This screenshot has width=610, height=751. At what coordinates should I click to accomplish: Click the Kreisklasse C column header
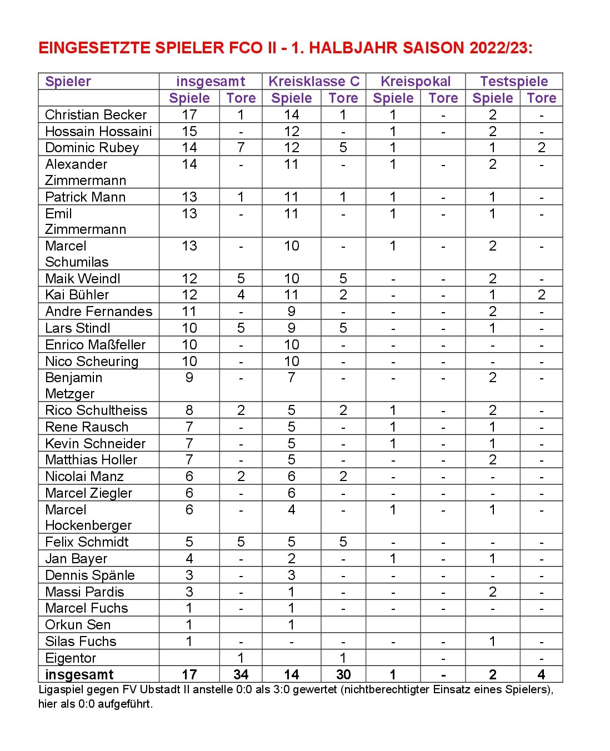click(314, 82)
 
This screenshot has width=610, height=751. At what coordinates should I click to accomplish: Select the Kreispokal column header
click(416, 82)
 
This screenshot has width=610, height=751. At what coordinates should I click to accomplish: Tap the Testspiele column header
click(514, 82)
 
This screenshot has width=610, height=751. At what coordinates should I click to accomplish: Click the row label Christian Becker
click(96, 115)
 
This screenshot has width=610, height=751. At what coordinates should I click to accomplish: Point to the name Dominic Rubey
click(92, 148)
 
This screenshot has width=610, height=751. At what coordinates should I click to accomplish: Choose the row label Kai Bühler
click(77, 295)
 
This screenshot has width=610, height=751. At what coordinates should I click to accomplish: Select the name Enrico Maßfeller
click(95, 344)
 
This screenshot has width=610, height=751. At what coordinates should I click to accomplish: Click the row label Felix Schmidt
click(87, 542)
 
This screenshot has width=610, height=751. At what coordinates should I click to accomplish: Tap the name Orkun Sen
click(78, 625)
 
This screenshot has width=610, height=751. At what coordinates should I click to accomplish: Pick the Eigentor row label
click(71, 658)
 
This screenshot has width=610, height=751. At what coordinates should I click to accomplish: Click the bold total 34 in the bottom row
click(241, 675)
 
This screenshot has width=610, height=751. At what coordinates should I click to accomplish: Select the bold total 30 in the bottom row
click(343, 675)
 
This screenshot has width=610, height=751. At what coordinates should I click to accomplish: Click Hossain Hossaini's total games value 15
click(189, 132)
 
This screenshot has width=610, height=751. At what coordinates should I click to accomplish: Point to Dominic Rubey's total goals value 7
click(241, 148)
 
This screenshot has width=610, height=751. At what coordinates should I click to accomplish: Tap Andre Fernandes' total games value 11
click(189, 312)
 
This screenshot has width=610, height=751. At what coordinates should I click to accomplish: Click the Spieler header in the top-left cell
click(68, 82)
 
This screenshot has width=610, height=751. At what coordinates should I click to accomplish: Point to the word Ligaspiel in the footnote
click(59, 690)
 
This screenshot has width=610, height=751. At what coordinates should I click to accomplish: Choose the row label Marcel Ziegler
click(89, 493)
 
